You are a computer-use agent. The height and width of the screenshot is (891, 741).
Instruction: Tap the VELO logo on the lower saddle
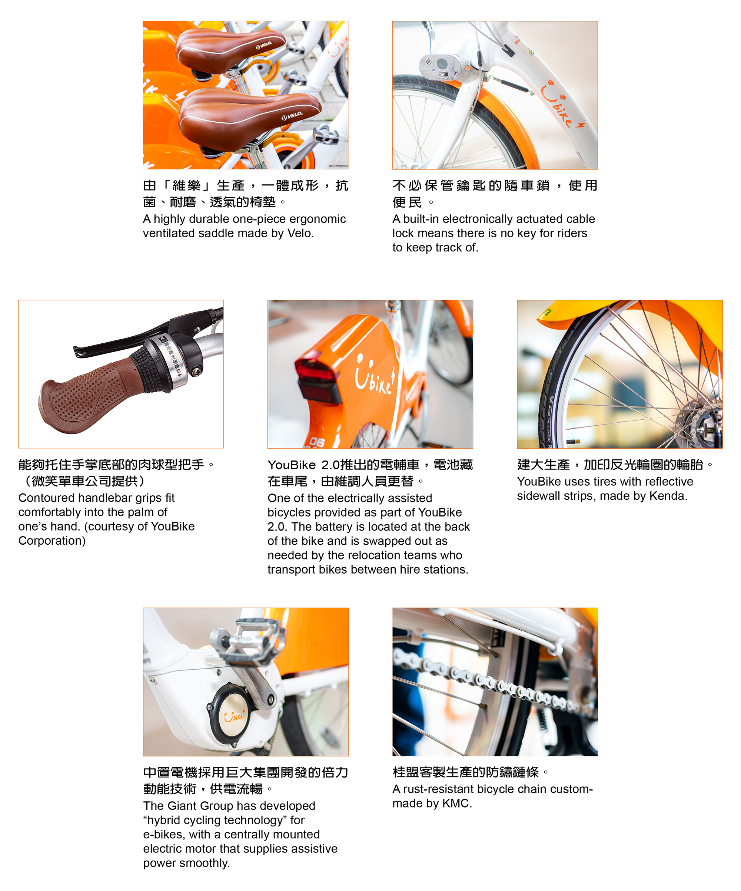(292, 116)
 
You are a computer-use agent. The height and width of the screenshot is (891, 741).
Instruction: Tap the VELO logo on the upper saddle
(264, 44)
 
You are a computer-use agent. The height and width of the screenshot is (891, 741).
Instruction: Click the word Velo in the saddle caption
(300, 233)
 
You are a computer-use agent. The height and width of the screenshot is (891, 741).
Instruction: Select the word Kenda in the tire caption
(669, 496)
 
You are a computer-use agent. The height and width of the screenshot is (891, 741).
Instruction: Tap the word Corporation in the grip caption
(52, 541)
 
